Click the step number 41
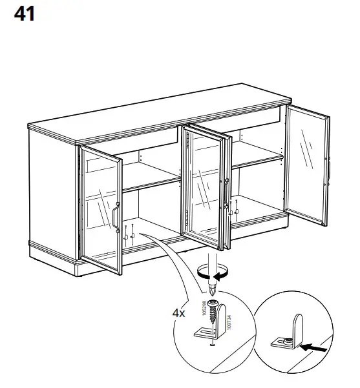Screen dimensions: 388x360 [x=24, y=14]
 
